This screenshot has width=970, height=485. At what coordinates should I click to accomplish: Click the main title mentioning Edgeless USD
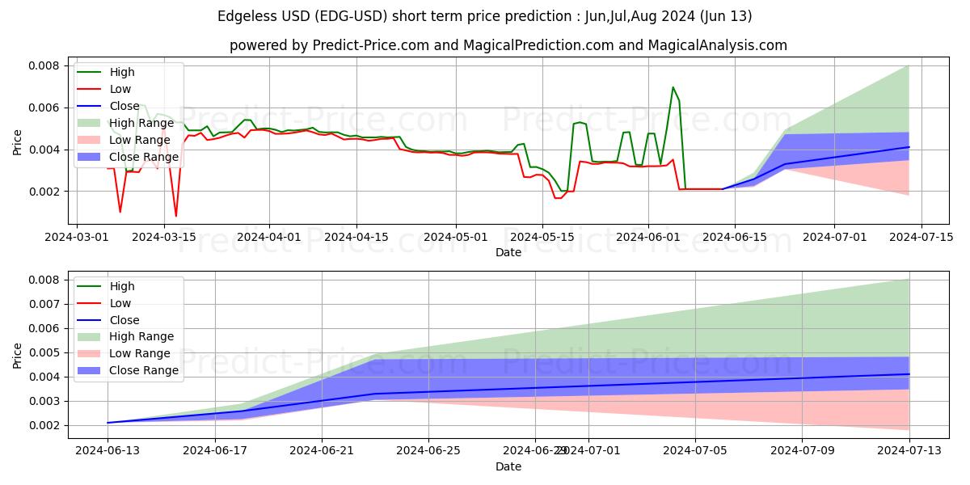click(x=485, y=16)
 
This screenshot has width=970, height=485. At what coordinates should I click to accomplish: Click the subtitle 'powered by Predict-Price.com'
click(x=508, y=45)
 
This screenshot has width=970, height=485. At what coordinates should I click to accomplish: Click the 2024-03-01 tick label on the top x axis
click(x=77, y=237)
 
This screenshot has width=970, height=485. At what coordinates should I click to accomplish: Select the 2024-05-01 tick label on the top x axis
click(x=456, y=237)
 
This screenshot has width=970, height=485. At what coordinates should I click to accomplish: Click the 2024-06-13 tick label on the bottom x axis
click(x=108, y=451)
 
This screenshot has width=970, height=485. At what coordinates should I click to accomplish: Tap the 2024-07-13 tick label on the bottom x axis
click(x=909, y=451)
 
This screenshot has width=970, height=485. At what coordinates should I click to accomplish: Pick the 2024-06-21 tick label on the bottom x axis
click(x=322, y=451)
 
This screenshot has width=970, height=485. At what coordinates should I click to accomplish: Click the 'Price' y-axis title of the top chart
click(x=18, y=143)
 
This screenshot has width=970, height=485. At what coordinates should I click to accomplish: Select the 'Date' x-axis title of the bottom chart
click(x=508, y=467)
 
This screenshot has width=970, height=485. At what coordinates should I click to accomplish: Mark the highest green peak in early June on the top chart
click(x=673, y=87)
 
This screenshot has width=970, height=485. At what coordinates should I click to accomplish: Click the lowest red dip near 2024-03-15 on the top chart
click(x=176, y=216)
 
